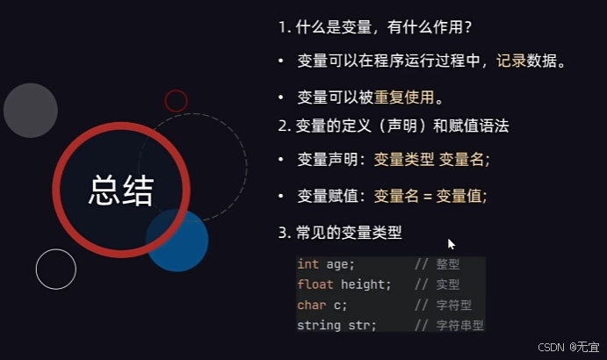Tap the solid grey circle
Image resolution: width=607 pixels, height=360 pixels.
coord(31,111)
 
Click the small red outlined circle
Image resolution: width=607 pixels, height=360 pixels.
coord(176,101)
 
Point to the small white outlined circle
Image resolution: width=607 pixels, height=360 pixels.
coord(56,269)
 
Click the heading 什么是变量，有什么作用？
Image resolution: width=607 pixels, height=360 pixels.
coord(378,27)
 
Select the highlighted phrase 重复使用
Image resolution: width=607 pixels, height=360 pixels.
coord(404,96)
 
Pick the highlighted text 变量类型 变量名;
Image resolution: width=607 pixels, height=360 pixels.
coord(431,160)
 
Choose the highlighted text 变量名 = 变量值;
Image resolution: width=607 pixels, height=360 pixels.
coord(430,195)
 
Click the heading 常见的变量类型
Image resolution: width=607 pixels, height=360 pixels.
coord(348,233)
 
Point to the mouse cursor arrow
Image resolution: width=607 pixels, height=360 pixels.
coord(452,244)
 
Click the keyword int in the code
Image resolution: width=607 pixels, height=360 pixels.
coord(307,264)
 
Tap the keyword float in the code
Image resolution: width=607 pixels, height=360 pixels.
coord(314,284)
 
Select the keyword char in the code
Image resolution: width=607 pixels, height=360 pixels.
coord(311,305)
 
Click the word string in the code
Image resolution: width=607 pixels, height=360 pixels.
coord(318,325)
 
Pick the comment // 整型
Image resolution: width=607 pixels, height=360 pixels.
coord(437,264)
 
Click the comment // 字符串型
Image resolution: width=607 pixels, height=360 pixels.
coord(449,325)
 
